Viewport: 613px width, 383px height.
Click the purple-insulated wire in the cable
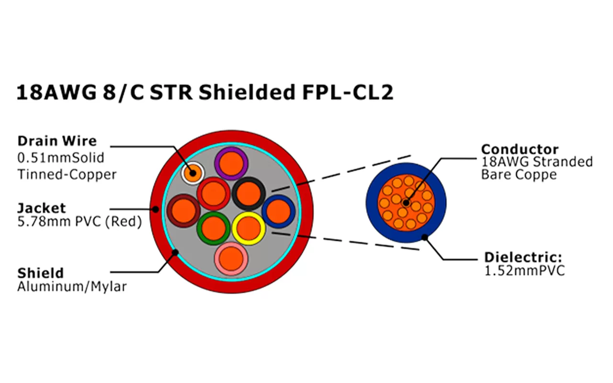230,163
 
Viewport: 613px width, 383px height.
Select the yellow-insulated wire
249,228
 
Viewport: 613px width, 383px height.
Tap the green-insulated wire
214,229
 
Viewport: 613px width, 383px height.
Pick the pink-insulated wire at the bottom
231,259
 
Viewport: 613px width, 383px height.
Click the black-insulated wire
249,192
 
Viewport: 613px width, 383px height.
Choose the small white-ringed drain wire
193,172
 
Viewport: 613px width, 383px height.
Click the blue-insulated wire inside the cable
278,211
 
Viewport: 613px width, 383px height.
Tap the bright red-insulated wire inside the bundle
214,193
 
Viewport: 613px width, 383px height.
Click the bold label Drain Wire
57,141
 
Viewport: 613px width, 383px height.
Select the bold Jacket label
42,208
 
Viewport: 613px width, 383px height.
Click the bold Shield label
40,273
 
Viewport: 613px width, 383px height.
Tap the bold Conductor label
520,149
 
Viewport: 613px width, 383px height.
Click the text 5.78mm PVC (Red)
79,223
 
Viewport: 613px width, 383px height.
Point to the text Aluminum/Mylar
72,287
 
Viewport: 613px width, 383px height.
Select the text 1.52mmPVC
525,271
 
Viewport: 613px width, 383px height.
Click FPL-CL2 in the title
347,92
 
